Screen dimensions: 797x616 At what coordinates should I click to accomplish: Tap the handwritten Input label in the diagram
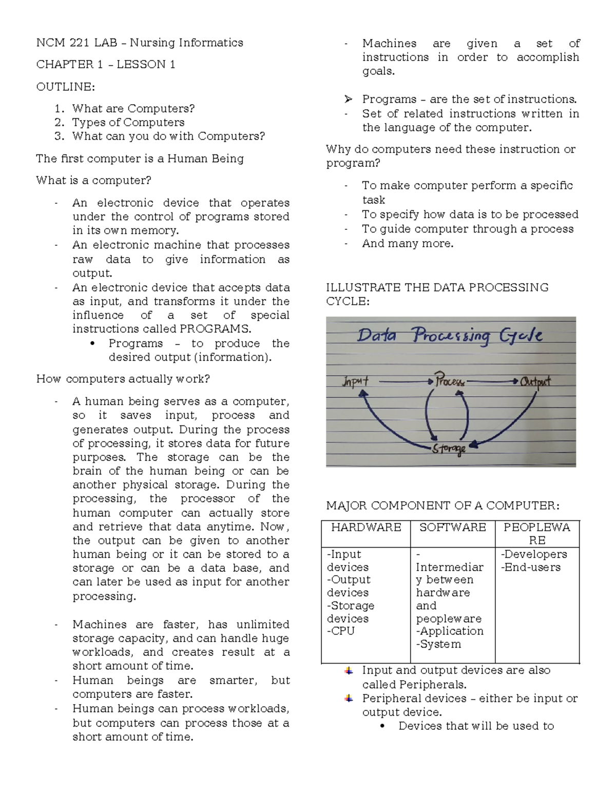pos(355,382)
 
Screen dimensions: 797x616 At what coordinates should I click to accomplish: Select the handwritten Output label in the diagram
pos(535,381)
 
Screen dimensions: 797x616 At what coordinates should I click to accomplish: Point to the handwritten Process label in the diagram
pos(450,382)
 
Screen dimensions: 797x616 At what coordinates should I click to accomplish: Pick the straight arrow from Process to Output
pos(492,381)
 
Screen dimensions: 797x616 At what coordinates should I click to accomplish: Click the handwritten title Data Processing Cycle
pos(450,336)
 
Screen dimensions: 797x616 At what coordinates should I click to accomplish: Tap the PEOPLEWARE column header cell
pos(536,534)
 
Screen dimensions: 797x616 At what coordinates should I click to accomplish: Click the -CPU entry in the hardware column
pos(341,631)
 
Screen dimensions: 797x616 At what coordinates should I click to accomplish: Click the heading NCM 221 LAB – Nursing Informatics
pos(140,43)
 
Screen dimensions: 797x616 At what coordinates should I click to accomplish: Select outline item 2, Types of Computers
pos(128,122)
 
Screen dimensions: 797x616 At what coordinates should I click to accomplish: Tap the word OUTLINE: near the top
pos(65,87)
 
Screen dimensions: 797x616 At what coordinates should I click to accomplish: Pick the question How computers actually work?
pos(123,379)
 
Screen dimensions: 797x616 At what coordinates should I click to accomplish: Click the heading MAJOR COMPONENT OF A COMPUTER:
pos(442,506)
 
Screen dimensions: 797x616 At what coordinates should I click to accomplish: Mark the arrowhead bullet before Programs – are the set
pos(348,99)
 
